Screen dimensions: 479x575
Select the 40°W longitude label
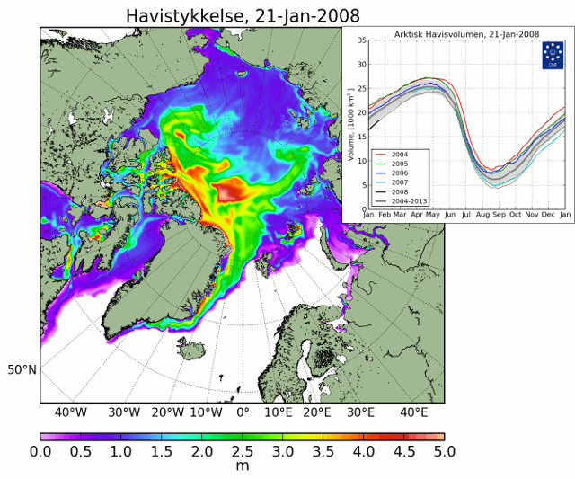(70, 412)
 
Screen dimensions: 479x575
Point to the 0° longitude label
(243, 412)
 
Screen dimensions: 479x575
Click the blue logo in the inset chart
(552, 56)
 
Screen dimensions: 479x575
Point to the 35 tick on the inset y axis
(360, 40)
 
